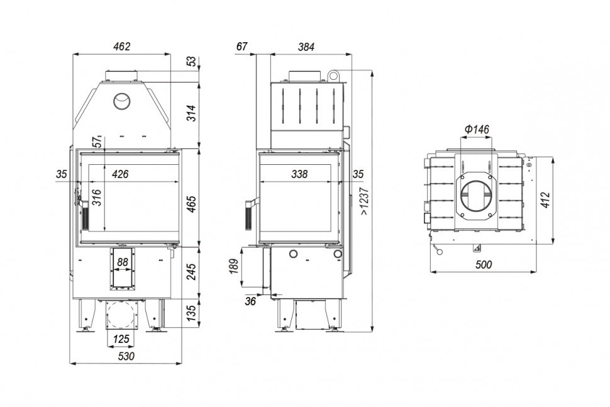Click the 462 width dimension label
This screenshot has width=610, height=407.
121,46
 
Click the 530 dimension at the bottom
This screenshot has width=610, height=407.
126,356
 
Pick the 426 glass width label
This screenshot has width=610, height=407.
120,174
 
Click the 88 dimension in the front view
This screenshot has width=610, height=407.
123,262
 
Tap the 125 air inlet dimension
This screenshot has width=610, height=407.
122,339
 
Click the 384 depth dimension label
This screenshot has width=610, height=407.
305,47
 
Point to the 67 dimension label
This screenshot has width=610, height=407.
242,47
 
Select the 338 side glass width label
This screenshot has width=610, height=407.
301,174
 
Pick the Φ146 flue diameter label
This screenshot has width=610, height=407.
477,129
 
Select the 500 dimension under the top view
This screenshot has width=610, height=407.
483,265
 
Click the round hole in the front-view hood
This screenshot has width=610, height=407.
122,101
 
